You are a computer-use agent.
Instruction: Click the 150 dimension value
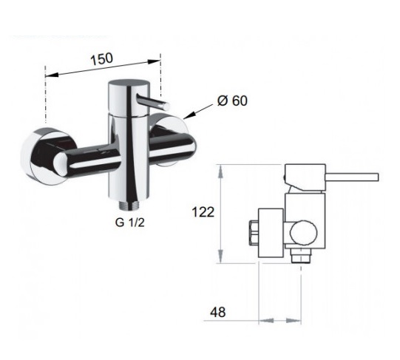(101, 59)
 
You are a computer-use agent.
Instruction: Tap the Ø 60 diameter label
(232, 101)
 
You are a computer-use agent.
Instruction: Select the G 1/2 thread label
(130, 223)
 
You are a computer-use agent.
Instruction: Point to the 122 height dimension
(203, 212)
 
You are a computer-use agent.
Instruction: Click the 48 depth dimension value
(218, 312)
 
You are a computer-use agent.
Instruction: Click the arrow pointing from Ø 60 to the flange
(198, 112)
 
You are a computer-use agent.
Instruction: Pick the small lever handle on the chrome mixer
(153, 102)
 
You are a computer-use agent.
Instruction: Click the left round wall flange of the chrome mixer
(38, 156)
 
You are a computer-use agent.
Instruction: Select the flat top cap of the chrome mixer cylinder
(129, 84)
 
